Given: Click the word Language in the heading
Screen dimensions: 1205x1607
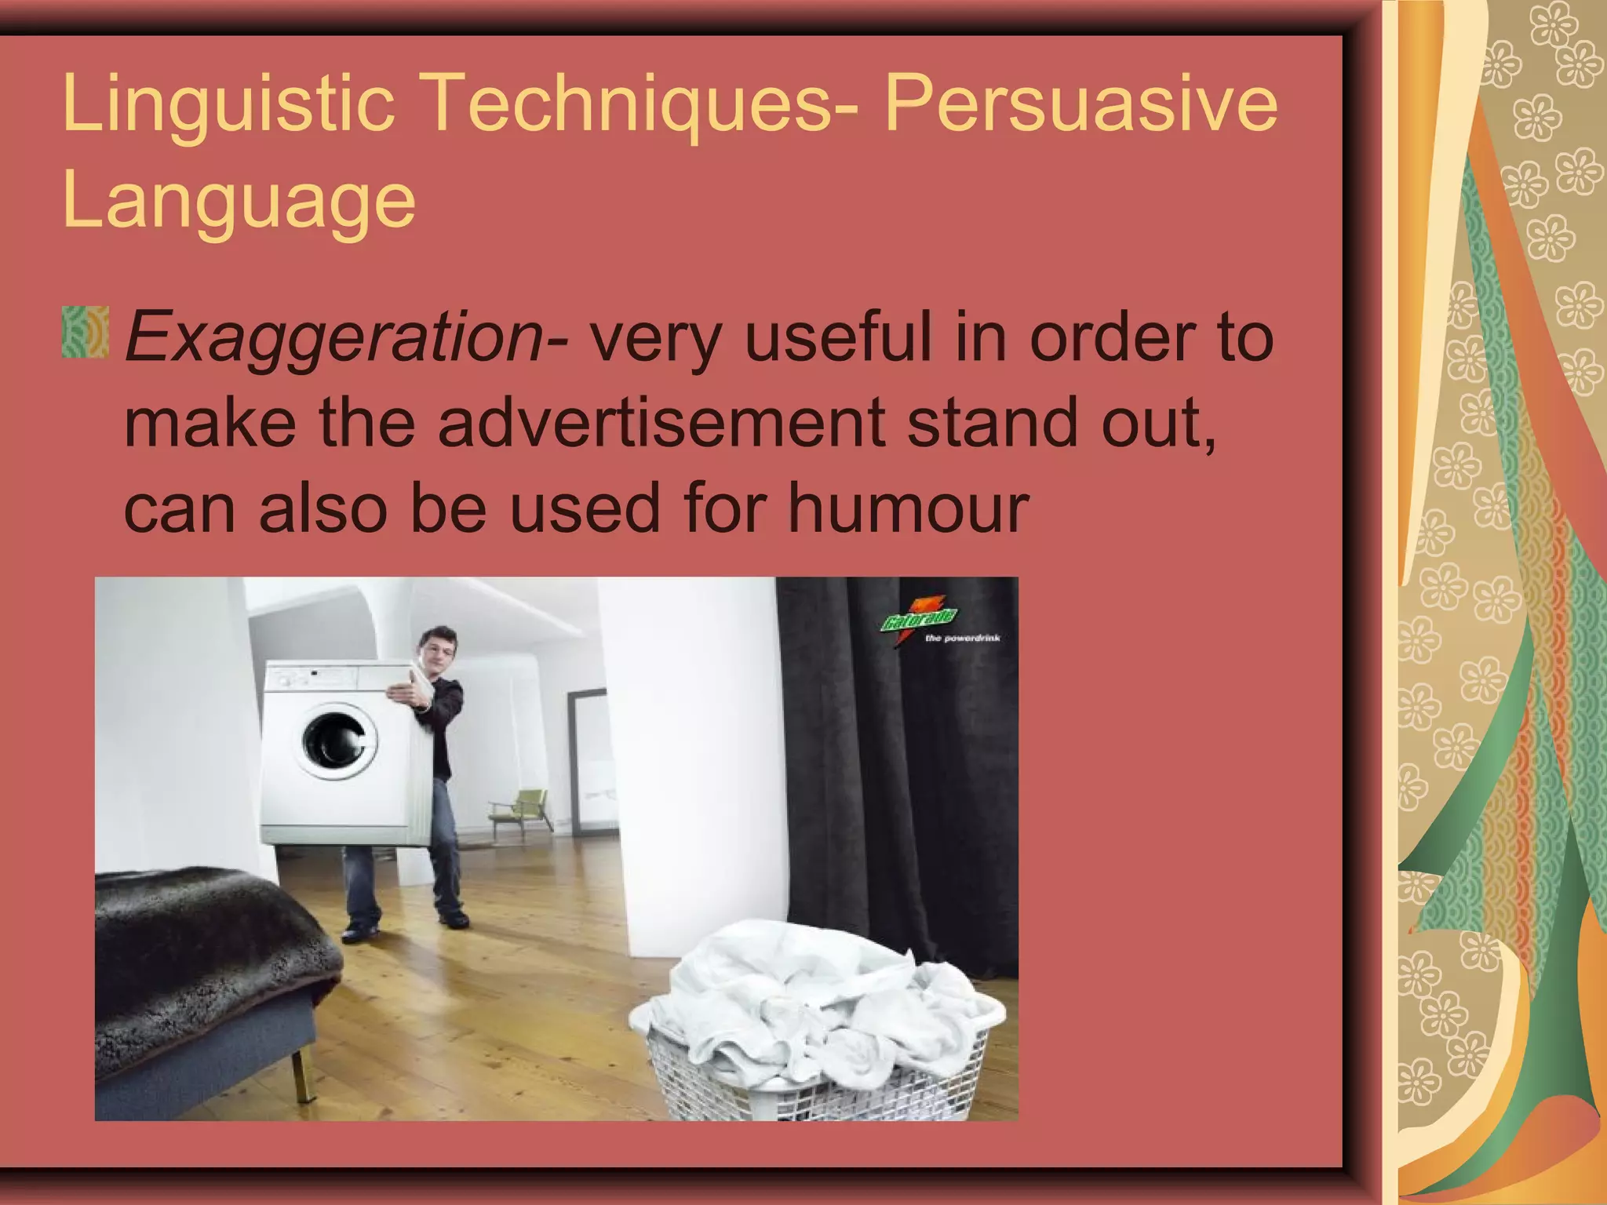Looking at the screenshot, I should coord(239,201).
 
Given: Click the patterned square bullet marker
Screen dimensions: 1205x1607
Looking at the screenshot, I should coord(85,333).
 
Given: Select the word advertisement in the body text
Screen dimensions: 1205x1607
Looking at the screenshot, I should coord(661,424).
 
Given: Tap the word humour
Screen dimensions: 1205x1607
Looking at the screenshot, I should coord(908,508).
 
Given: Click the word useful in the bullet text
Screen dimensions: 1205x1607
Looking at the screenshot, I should coord(838,337).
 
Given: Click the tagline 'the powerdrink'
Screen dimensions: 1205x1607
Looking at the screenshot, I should coord(963,639).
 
